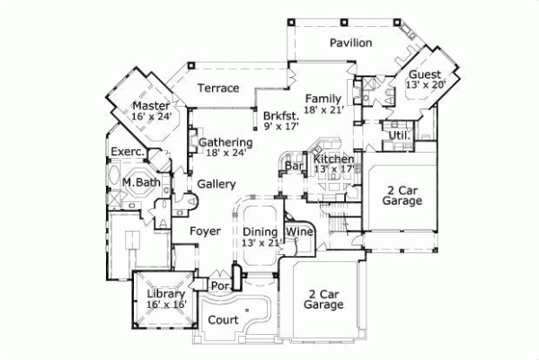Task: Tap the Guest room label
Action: pyautogui.click(x=424, y=74)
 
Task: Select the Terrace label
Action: pyautogui.click(x=218, y=88)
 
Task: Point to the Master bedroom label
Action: pyautogui.click(x=150, y=105)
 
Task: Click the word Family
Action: pyautogui.click(x=323, y=98)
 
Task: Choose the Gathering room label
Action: pyautogui.click(x=225, y=142)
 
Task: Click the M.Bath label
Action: pyautogui.click(x=142, y=184)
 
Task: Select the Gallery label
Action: pyautogui.click(x=216, y=183)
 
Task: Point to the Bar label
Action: pyautogui.click(x=293, y=166)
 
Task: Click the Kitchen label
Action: pyautogui.click(x=333, y=160)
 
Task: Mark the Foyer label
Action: pyautogui.click(x=205, y=231)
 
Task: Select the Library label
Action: pyautogui.click(x=165, y=294)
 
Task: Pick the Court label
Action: pyautogui.click(x=223, y=320)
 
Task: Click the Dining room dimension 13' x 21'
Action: pyautogui.click(x=263, y=242)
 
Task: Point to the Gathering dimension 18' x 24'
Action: pyautogui.click(x=225, y=153)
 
